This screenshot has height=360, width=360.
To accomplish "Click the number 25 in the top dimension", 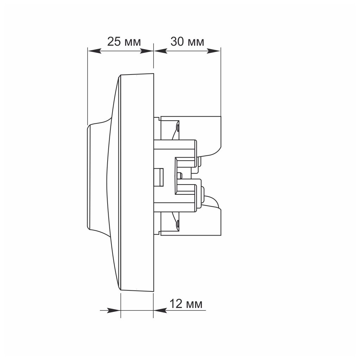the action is coord(114,42).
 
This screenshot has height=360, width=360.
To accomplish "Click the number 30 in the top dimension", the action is coord(177,42).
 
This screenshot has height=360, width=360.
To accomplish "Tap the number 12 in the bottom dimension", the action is coord(176,304).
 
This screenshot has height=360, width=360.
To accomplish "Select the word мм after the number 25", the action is coord(133,43).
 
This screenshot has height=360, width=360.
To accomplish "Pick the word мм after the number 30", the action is coord(195,43).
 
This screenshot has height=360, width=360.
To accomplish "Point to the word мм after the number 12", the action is coord(194,305).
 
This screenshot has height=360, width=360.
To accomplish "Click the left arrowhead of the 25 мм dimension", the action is coord(95,51).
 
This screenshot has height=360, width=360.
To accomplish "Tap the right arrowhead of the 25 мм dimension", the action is coord(147,51).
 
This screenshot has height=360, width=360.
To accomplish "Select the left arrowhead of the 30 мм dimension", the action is coord(160,51).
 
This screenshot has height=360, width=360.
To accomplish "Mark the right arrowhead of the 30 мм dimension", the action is coord(213,51).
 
